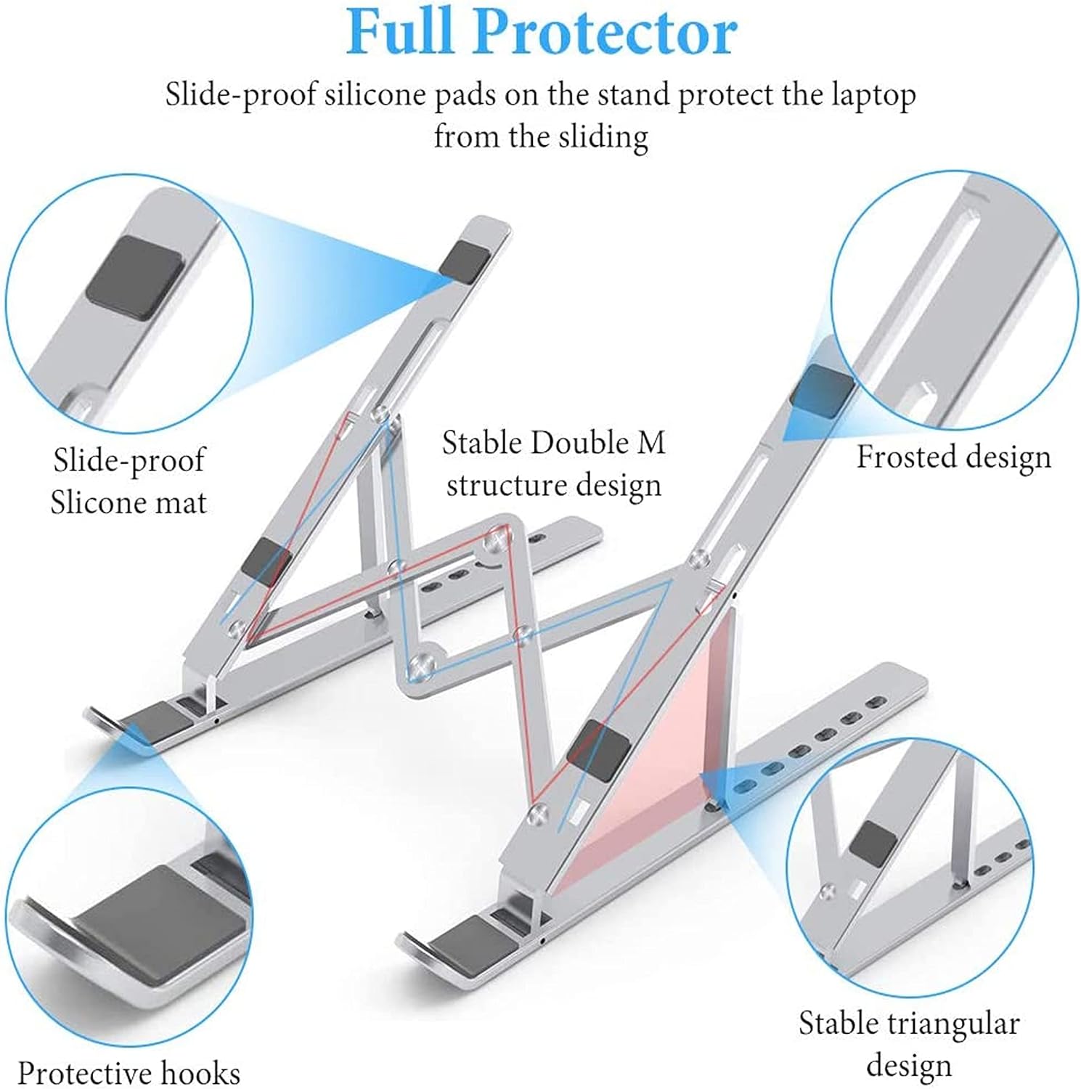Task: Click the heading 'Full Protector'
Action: coord(541,33)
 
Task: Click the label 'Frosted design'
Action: coord(953,457)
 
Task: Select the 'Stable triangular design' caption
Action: coord(909,1044)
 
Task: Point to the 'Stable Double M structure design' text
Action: coord(553,463)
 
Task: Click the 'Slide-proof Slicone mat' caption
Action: coord(129,481)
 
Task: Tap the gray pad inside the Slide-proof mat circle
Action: coord(134,277)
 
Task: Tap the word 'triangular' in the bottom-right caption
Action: coord(955,1024)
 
